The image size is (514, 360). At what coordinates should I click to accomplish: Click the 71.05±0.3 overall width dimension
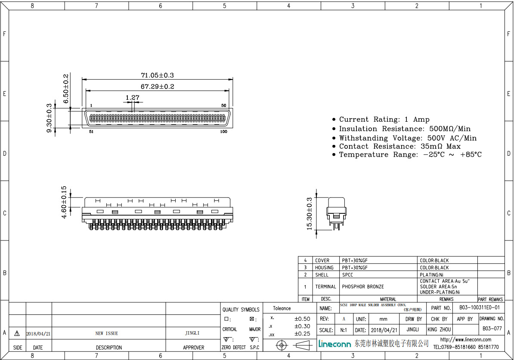click(157, 75)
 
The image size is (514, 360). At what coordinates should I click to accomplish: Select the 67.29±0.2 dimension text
click(157, 86)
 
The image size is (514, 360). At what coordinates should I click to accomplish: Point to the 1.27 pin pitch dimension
click(132, 98)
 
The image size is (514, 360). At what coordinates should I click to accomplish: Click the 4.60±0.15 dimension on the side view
click(64, 202)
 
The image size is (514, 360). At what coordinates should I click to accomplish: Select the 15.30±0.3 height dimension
click(309, 214)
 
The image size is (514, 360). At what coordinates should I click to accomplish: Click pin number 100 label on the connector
click(223, 132)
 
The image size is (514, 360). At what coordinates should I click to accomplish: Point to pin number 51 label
click(91, 132)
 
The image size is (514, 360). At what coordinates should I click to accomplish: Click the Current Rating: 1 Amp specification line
click(384, 120)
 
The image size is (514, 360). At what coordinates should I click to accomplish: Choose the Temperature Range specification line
click(410, 154)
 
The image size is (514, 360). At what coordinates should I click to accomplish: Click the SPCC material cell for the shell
click(347, 274)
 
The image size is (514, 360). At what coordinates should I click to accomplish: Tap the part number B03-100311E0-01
click(479, 308)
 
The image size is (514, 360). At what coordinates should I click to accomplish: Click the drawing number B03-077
click(492, 329)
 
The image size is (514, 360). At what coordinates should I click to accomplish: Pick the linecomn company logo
click(335, 344)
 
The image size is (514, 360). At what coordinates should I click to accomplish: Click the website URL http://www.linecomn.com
click(465, 340)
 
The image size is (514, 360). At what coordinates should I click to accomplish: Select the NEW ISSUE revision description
click(106, 333)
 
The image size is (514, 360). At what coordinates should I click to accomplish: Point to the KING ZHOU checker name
click(439, 329)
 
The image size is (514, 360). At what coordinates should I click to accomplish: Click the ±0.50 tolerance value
click(302, 319)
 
